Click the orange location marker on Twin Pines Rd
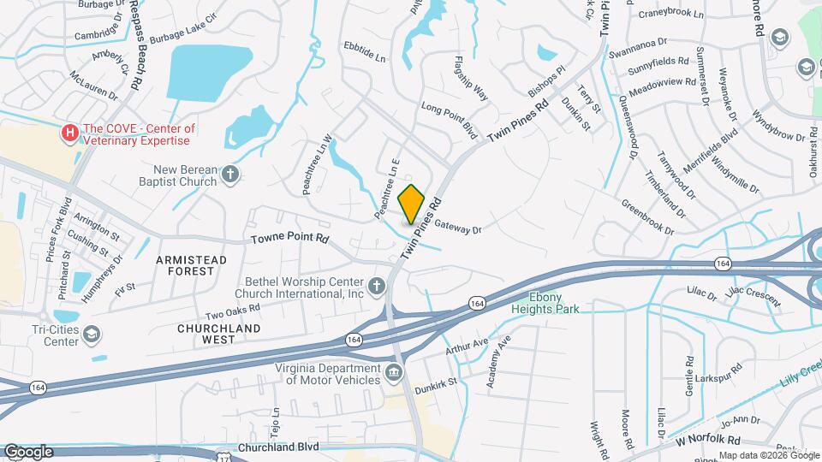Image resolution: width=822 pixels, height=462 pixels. coord(412,204)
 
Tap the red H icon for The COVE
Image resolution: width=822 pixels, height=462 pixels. coord(69,133)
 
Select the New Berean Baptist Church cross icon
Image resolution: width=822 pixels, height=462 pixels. coord(229,175)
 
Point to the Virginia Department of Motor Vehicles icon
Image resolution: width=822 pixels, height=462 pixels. coord(393,372)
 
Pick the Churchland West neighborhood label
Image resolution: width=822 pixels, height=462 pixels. coord(205,334)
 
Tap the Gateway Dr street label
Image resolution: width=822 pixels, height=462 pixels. coord(459,227)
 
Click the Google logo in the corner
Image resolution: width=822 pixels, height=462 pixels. coord(28,451)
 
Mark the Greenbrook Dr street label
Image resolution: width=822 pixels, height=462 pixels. coord(653,218)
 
